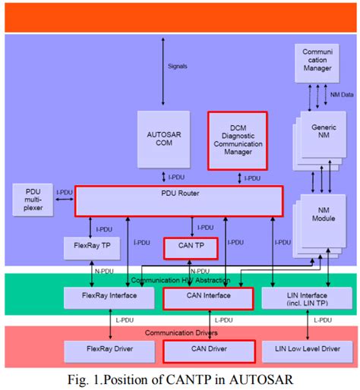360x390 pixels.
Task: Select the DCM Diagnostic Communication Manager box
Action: coord(238,140)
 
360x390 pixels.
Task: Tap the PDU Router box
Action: coord(178,201)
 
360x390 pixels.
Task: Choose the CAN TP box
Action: coord(191,248)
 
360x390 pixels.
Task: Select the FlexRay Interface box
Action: coord(96,297)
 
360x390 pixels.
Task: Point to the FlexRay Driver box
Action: coord(96,351)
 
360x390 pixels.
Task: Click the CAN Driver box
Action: coord(208,351)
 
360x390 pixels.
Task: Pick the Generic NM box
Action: coord(323,133)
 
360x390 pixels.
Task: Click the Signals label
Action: coord(176,66)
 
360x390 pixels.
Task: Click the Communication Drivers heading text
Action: coord(180,333)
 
